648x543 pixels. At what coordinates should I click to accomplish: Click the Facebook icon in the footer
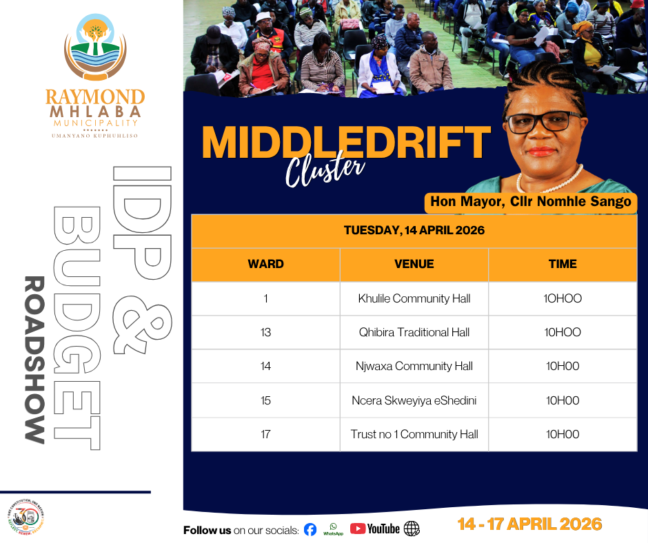310,529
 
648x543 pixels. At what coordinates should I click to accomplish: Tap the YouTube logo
375,529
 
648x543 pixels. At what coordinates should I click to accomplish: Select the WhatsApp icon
333,529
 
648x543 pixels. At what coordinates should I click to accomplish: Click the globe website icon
412,529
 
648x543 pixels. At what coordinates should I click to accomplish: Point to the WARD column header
265,264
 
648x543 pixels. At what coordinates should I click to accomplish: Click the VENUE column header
414,264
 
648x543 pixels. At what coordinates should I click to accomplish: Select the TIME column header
563,264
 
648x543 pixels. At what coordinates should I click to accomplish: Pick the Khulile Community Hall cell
414,299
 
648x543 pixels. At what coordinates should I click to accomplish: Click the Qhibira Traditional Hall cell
414,333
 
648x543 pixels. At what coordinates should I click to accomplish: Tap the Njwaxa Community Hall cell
414,366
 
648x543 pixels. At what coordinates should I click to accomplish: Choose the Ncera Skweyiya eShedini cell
414,400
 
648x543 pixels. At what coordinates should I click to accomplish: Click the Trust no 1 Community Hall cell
414,434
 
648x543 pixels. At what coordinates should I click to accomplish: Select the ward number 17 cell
265,434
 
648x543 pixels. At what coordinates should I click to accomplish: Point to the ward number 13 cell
265,333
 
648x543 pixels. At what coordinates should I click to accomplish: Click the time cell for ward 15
563,400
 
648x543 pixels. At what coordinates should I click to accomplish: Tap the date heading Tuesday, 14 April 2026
414,230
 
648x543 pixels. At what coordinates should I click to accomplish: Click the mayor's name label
531,202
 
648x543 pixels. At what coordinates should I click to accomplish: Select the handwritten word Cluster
325,168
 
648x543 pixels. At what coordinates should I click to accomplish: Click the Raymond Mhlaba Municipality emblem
95,47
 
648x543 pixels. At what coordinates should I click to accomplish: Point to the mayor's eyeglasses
543,122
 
